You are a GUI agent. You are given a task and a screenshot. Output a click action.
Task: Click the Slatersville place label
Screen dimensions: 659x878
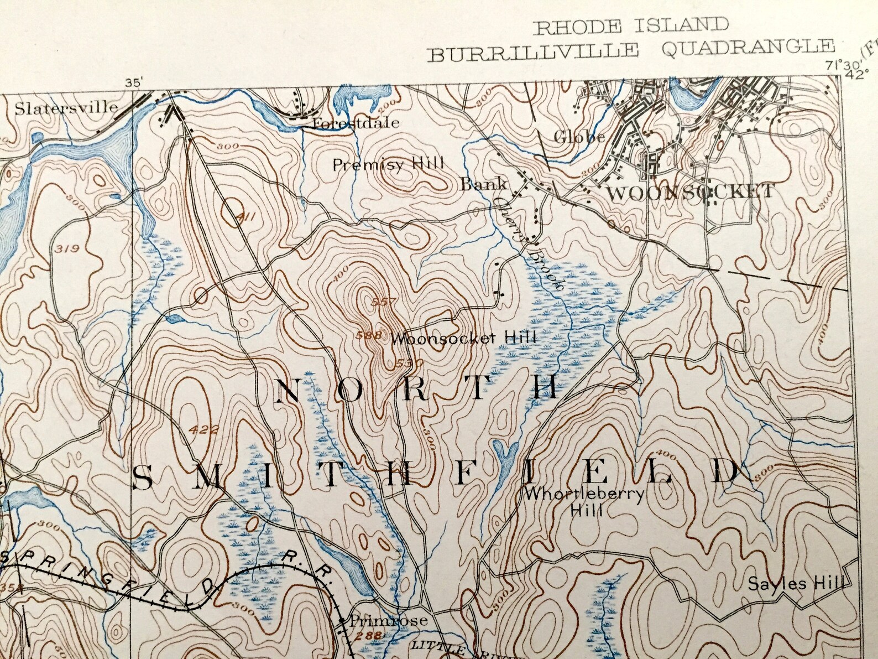click(x=66, y=107)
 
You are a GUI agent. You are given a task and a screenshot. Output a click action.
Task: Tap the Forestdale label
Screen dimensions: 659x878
click(x=356, y=123)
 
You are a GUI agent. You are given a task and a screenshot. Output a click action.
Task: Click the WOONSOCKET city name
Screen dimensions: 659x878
click(x=691, y=193)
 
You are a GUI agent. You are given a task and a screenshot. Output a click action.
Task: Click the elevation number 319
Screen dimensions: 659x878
click(x=68, y=250)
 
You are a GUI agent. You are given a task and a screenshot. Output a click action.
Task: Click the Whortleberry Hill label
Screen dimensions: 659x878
click(x=585, y=501)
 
